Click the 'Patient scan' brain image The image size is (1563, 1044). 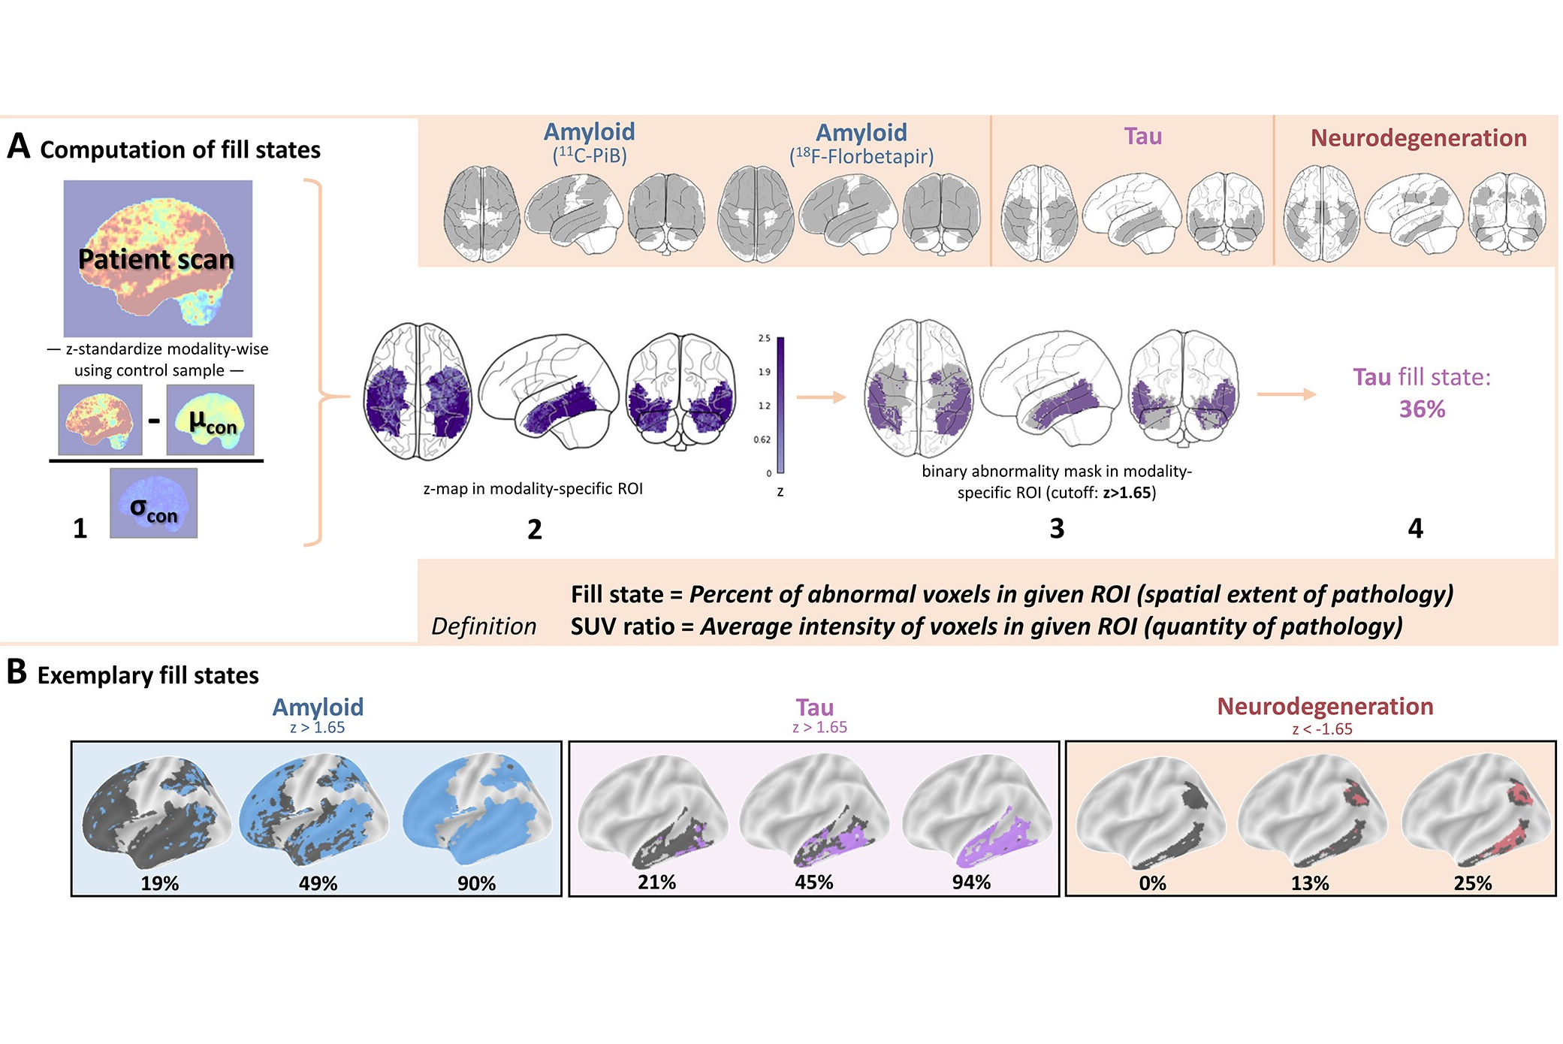(x=158, y=258)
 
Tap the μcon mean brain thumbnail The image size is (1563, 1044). (x=210, y=420)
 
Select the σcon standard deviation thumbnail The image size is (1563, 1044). (x=153, y=503)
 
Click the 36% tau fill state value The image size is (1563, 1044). (x=1421, y=409)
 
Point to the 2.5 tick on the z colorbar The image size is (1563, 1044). (x=764, y=339)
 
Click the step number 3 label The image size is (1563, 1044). (x=1057, y=529)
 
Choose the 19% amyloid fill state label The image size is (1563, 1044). (x=160, y=883)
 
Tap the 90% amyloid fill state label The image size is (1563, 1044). (x=476, y=883)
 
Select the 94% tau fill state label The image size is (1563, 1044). (x=971, y=882)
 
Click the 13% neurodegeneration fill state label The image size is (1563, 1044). (x=1310, y=883)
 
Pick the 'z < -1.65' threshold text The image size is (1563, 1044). (x=1322, y=729)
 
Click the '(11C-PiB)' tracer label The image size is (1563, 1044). (x=590, y=155)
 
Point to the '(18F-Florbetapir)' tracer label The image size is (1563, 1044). (x=861, y=156)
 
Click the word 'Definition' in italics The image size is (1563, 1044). (x=484, y=626)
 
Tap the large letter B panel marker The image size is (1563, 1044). (x=17, y=672)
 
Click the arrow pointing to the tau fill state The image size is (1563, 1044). (x=1286, y=394)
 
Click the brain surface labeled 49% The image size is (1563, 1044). (x=313, y=811)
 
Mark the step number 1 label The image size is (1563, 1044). (x=80, y=529)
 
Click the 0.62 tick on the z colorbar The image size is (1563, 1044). (x=762, y=440)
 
